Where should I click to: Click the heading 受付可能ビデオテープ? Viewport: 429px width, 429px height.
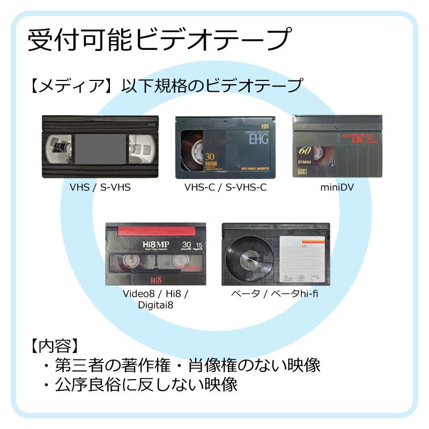click(159, 41)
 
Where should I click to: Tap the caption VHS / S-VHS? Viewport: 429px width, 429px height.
click(100, 187)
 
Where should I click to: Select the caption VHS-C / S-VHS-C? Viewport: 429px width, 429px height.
click(225, 187)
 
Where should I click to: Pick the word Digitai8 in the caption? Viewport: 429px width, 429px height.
click(155, 305)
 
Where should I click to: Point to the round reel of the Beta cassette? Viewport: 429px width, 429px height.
click(249, 258)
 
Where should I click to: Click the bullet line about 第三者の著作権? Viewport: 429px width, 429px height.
click(181, 365)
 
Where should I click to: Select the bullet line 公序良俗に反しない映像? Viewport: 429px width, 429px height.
click(139, 384)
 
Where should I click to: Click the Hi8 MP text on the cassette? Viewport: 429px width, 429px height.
click(156, 245)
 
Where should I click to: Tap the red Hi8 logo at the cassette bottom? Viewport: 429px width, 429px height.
click(156, 279)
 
